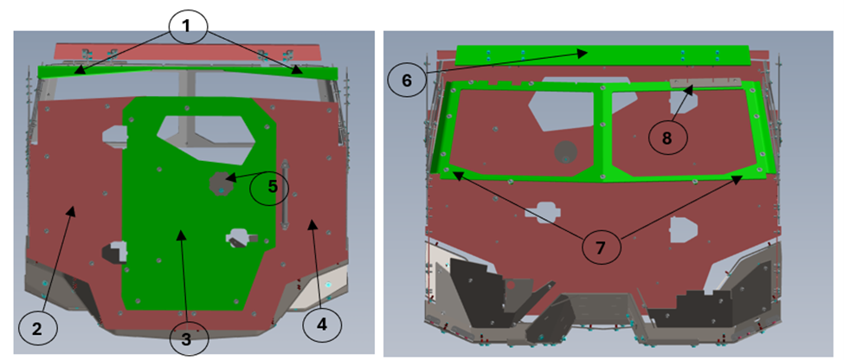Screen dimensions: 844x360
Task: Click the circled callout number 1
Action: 186,26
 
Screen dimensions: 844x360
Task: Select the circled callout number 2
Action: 38,329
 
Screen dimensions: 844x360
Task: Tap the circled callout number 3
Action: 189,340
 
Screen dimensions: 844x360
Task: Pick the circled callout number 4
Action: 322,325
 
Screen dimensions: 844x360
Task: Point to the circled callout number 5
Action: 270,188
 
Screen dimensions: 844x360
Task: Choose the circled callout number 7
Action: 601,247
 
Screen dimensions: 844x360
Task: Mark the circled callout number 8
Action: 667,138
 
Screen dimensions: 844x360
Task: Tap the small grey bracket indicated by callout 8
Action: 705,82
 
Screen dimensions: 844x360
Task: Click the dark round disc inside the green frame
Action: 566,152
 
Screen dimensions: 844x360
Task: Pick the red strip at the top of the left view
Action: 188,52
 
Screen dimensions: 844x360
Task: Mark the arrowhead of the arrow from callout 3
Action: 180,233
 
